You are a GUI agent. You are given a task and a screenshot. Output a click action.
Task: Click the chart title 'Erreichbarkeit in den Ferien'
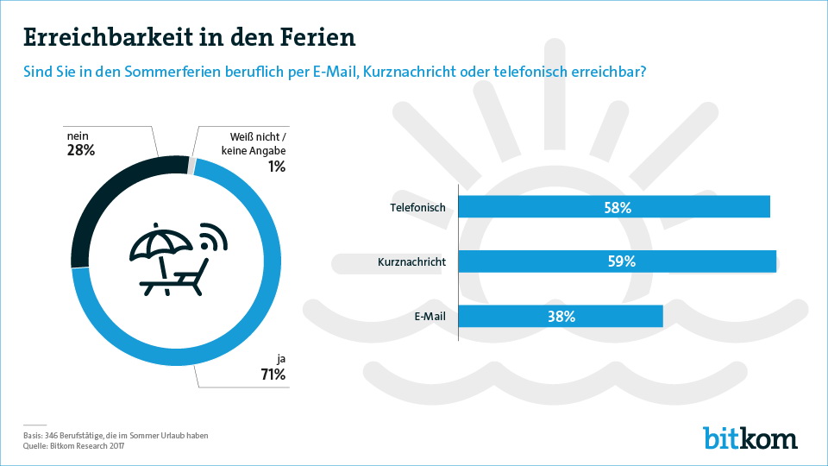click(189, 38)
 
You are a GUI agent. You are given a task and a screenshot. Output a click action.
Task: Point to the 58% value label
click(618, 207)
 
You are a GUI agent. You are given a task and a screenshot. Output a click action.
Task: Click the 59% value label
click(621, 261)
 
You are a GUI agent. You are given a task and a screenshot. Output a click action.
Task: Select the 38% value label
click(561, 316)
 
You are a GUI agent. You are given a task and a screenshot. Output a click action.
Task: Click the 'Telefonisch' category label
click(417, 207)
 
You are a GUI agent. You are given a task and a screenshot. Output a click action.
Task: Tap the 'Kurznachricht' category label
click(411, 261)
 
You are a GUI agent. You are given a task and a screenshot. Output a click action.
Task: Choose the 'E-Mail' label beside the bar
click(430, 316)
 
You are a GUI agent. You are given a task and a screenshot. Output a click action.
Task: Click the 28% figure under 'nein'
click(80, 151)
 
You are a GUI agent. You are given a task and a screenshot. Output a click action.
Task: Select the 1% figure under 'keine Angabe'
click(276, 167)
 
